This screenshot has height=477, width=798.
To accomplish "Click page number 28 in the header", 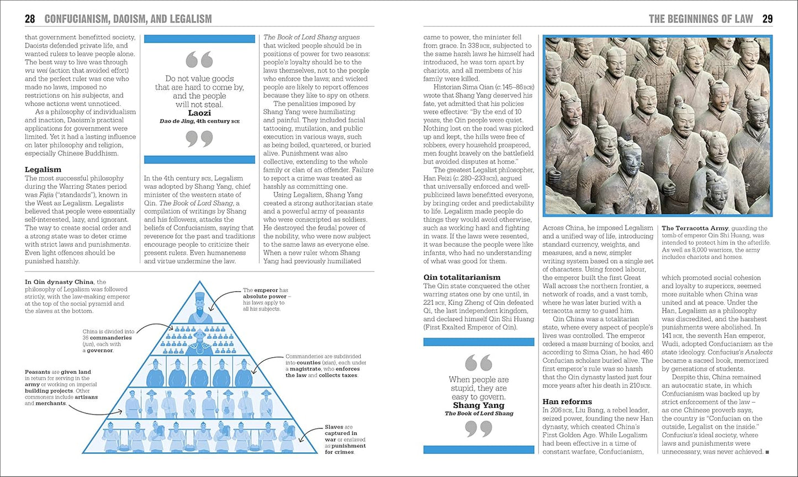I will (30, 19).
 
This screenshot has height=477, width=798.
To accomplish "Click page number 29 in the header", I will (767, 19).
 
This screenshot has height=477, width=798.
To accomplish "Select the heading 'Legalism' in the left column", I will (43, 169).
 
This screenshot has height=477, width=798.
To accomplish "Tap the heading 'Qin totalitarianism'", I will (462, 277).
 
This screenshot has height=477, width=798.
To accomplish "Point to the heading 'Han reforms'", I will (567, 401).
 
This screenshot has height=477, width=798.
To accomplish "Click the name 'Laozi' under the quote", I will (199, 113).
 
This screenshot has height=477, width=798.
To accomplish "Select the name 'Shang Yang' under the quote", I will (479, 405).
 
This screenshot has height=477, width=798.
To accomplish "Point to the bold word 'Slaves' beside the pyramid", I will (334, 427).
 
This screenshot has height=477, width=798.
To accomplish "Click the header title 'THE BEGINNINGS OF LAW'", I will (700, 19).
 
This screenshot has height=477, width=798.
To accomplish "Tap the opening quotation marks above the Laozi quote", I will (199, 60).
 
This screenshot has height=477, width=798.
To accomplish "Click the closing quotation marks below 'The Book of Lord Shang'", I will (479, 429).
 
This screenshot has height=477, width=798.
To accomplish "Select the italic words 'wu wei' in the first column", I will (35, 71).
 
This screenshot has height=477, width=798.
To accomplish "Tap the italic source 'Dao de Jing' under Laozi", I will (174, 120).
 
